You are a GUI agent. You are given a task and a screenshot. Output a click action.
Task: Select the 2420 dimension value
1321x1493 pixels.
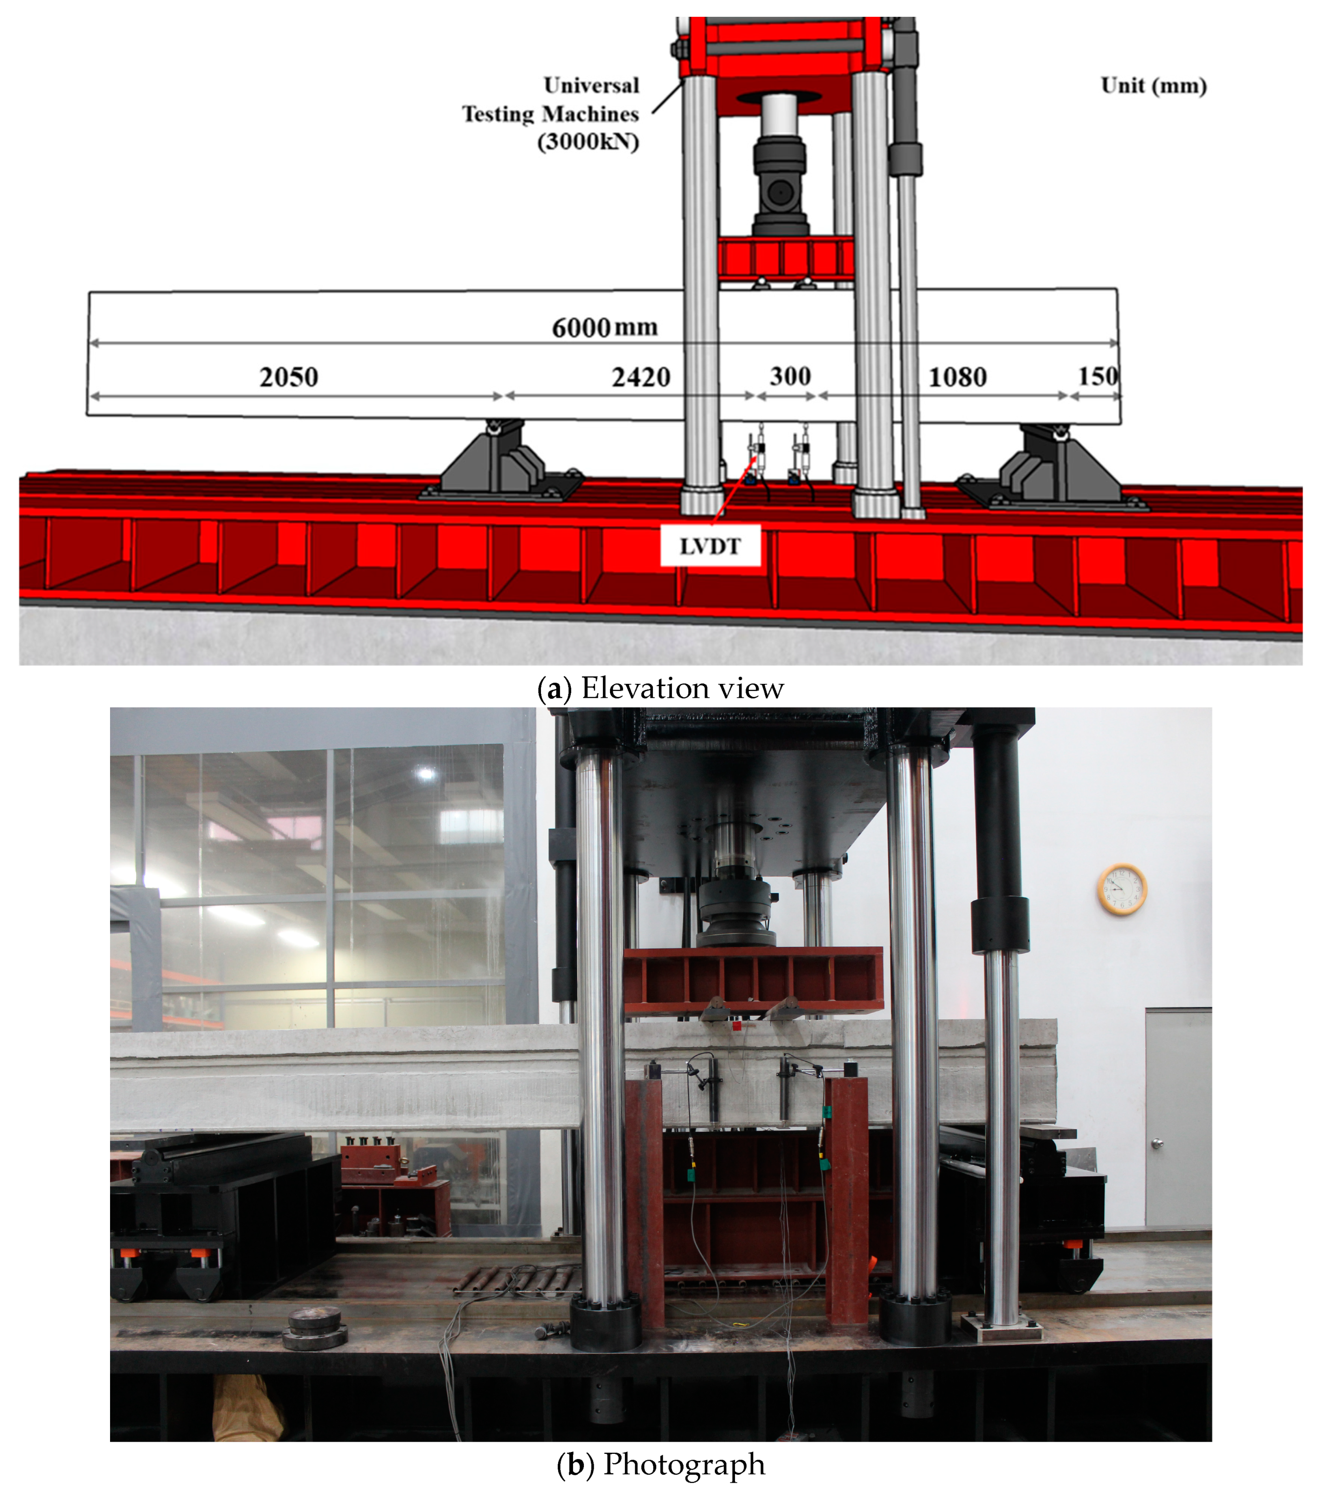[x=641, y=377]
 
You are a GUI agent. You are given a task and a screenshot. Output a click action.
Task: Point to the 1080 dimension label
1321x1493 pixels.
[x=957, y=377]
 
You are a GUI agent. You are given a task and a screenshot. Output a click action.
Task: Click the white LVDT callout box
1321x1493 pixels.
[x=710, y=546]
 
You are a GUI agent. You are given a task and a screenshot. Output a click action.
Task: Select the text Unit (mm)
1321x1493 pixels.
[x=1153, y=85]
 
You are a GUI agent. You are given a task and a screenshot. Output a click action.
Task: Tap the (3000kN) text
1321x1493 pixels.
[x=588, y=141]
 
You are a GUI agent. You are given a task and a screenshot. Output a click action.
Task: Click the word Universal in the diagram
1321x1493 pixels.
[x=591, y=85]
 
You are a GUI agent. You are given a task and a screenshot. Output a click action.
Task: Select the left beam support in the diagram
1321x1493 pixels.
[x=500, y=460]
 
